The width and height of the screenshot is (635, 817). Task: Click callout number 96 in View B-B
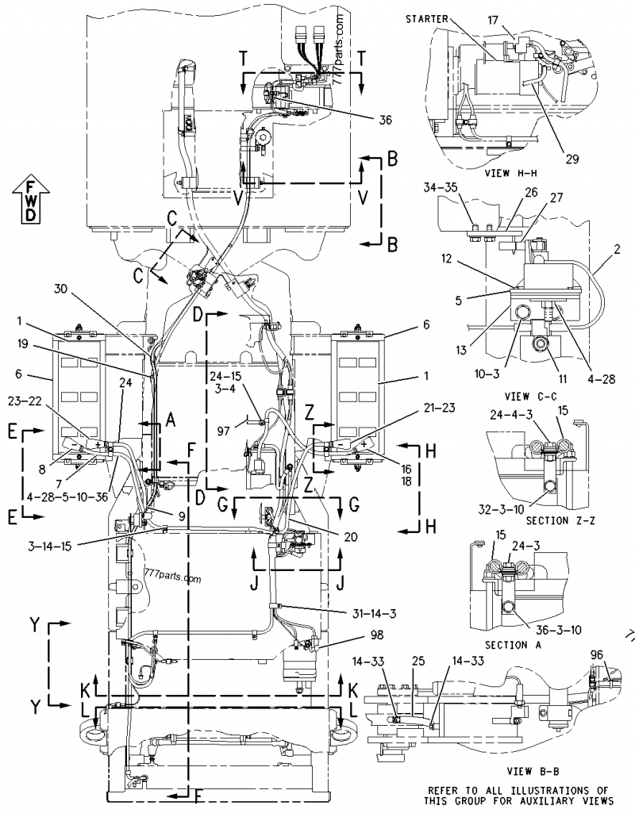[x=596, y=654]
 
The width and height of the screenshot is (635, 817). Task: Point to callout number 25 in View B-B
[x=418, y=660]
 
